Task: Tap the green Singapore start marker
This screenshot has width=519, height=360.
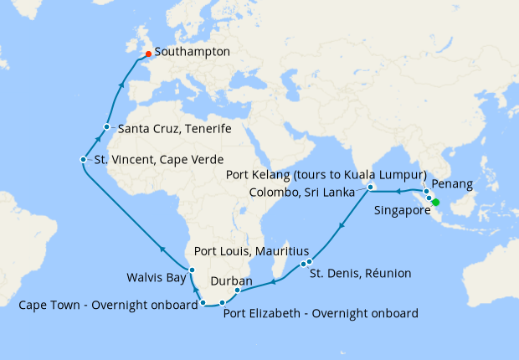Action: tap(435, 202)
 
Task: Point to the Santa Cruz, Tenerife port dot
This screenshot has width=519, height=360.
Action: tap(106, 127)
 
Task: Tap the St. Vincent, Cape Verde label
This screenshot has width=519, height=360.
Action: tap(153, 160)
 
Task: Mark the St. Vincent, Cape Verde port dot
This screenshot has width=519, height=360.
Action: tap(83, 159)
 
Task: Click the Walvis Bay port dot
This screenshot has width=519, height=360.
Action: tap(192, 270)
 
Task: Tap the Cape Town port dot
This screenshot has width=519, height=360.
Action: tap(203, 306)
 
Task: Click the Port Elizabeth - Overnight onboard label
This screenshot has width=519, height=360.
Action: tap(321, 314)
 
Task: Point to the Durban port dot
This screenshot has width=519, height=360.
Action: tap(238, 291)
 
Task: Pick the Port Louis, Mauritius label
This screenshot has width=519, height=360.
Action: tap(251, 251)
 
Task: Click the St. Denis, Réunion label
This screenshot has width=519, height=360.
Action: tap(361, 273)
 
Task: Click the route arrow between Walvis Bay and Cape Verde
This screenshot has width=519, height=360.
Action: tap(162, 247)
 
